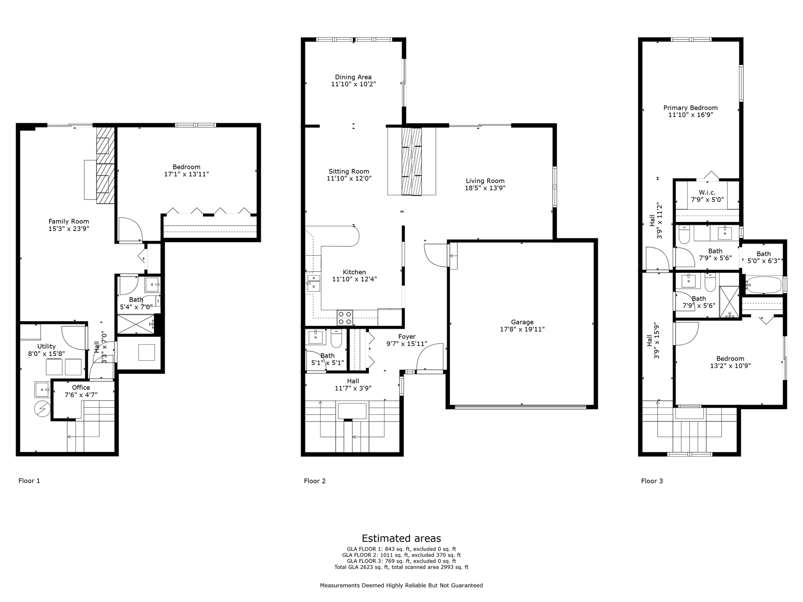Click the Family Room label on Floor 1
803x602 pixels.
tap(69, 221)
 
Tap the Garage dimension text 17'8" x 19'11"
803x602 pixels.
tap(522, 329)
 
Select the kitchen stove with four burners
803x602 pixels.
tap(345, 318)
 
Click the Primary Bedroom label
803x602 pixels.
tap(690, 108)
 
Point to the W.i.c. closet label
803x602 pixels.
tap(707, 192)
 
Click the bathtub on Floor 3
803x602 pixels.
tap(763, 285)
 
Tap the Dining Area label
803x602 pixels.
tap(353, 77)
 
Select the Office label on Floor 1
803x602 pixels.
tap(81, 388)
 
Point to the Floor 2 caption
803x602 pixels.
tap(314, 481)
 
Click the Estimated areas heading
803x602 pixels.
tap(401, 539)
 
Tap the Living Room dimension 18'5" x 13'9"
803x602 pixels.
tap(485, 188)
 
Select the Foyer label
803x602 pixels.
tap(407, 337)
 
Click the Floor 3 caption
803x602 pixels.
tap(651, 481)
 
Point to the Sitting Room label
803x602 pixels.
tap(349, 171)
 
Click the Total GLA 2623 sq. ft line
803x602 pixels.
tap(401, 567)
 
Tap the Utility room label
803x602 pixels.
tap(46, 346)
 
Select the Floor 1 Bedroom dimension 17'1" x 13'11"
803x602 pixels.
tap(186, 174)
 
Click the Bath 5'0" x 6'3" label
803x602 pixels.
tap(763, 254)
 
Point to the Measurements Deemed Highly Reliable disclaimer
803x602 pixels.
tap(401, 586)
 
